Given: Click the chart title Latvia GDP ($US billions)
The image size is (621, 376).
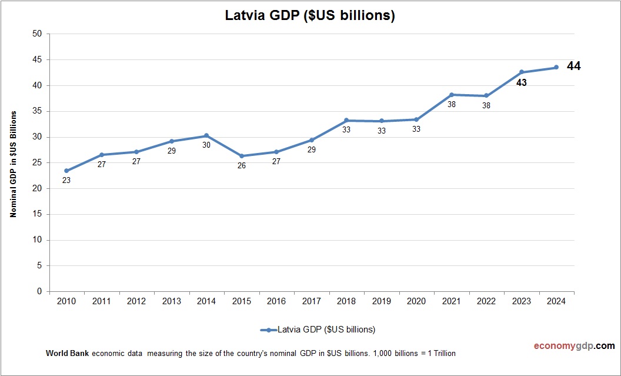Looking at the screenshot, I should coord(310,16).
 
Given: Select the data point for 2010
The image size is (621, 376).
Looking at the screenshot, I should coord(66,171).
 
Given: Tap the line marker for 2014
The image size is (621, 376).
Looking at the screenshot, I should coord(206,136).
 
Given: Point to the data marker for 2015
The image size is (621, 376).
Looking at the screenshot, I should coord(241,156).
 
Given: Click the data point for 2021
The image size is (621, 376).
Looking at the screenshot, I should coord(452,95).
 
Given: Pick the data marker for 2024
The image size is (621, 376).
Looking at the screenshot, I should coord(556,67).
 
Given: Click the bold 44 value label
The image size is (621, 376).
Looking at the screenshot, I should coord(573,66).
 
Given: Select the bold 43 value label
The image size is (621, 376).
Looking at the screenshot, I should coord(521,83).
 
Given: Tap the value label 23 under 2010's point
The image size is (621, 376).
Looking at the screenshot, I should coord(66,181).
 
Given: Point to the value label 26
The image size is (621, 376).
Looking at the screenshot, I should coord(241,166).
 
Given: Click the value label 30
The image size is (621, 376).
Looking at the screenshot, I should coord(206,145).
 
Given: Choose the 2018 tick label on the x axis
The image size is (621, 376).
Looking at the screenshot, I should coord(346,301).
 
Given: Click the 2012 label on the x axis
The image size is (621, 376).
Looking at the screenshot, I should coord(136,301).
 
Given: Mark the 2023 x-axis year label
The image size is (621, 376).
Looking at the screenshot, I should coord(521,301).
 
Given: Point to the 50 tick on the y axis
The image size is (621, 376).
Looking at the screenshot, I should coord(37,34).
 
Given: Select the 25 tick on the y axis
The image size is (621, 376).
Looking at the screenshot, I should coord(37,162).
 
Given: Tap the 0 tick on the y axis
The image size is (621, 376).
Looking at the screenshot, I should coord(39,291).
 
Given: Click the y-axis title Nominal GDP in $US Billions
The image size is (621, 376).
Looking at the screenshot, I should coord(13,163).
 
